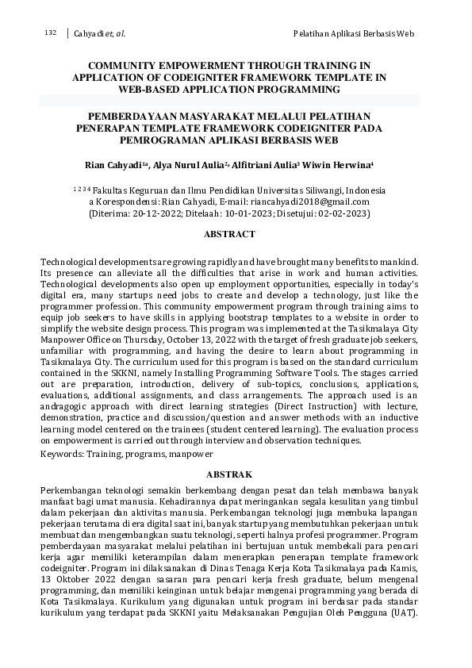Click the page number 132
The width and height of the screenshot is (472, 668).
pos(51,33)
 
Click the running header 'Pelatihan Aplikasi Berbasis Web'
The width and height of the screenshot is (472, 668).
pos(354,33)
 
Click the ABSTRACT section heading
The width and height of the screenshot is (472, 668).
pos(229,234)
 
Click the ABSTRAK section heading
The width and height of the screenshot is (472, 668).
pos(229,472)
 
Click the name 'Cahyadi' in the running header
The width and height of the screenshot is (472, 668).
pos(89,33)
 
